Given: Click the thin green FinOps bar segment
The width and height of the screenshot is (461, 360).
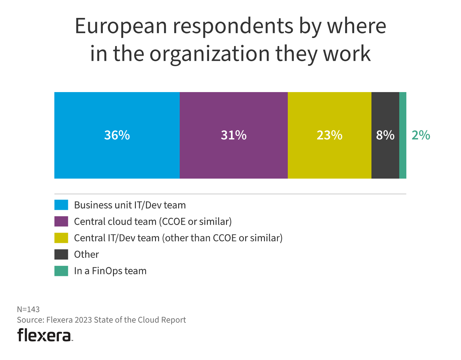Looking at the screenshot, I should (403, 135).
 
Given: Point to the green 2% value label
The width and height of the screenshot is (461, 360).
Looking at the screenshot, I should (421, 135).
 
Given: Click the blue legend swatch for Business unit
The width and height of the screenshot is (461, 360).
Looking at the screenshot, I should (61, 205).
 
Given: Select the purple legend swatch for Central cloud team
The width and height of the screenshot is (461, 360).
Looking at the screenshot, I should (61, 221).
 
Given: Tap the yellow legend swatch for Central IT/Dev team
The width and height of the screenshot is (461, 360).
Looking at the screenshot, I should (61, 238).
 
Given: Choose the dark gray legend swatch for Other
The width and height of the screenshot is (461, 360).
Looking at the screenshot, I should (61, 254).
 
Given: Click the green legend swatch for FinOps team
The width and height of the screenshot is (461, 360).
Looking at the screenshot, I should (61, 271).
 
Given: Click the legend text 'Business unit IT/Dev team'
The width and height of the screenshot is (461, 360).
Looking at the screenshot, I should (130, 205).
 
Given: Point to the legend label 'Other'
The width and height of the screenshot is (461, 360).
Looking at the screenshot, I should (86, 254).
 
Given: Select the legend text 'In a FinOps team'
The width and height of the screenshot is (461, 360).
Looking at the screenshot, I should (110, 271).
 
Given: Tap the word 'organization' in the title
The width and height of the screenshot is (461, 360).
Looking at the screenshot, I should (209, 54).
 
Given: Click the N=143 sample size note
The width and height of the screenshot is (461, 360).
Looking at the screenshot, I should (28, 309).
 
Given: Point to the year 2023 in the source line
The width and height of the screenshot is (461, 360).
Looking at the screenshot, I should (83, 320).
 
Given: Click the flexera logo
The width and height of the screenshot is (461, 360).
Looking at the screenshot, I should (44, 335).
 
